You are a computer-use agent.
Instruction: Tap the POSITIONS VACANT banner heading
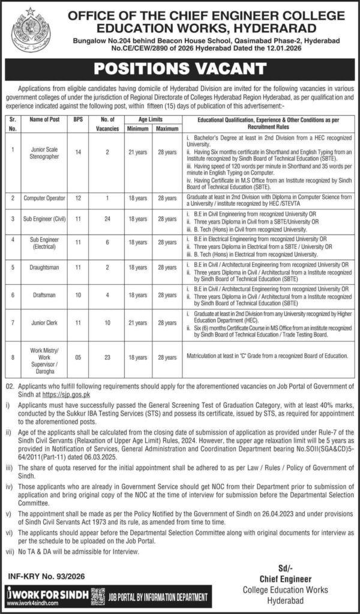tap(180, 65)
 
